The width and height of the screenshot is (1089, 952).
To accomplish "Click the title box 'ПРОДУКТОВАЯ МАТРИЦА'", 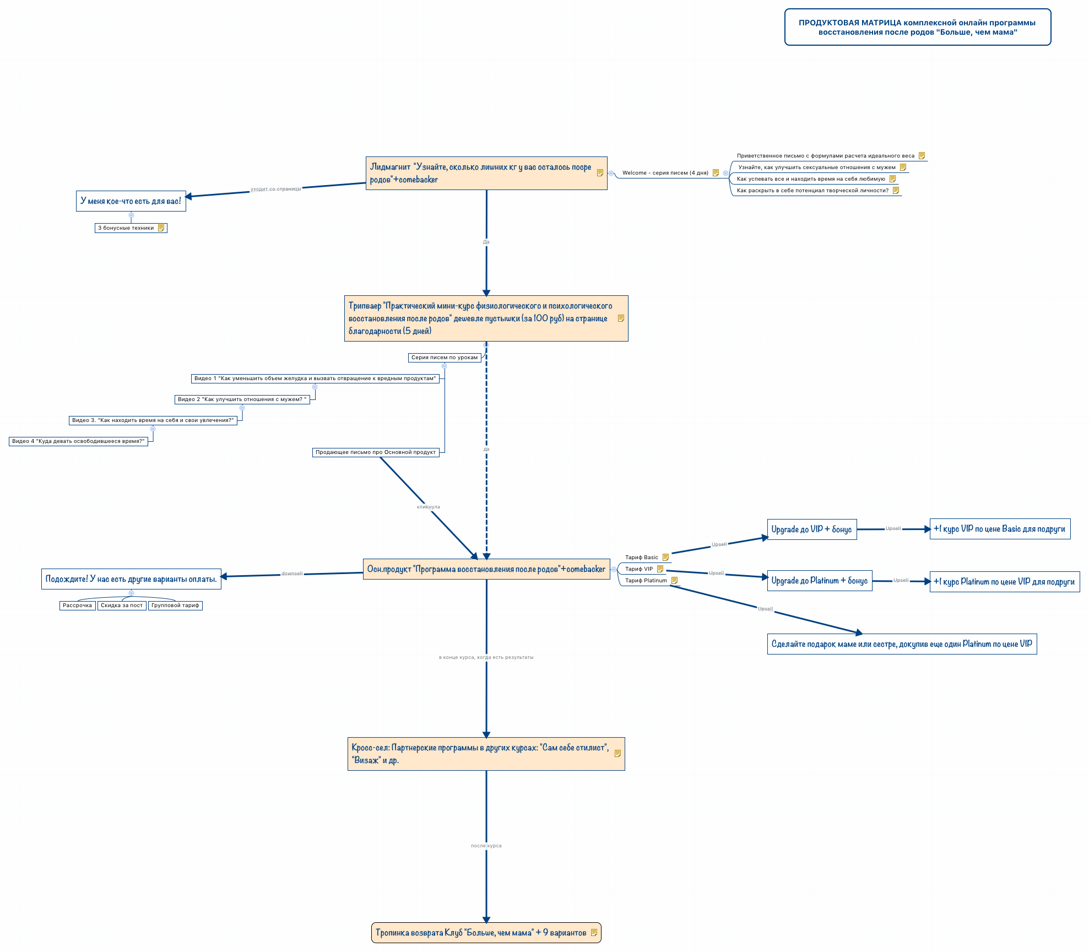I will click(917, 27).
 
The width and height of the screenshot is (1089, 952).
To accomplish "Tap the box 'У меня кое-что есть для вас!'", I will click(131, 201).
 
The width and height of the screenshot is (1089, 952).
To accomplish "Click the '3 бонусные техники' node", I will click(126, 228).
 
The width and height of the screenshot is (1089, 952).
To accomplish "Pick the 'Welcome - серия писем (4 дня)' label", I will click(665, 173).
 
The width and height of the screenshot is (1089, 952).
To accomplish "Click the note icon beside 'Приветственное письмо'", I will click(922, 156).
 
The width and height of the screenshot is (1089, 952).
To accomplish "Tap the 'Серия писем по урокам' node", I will click(445, 358).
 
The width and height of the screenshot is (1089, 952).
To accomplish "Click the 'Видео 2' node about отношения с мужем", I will click(242, 399).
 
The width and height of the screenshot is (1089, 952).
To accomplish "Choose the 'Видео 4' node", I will click(78, 441).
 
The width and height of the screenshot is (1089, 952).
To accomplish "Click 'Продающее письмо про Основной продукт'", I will click(376, 452).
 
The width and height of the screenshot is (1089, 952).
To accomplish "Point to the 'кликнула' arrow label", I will click(429, 507).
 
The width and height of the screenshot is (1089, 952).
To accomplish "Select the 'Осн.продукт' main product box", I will click(486, 569).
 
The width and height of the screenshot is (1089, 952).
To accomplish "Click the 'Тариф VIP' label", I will click(639, 569).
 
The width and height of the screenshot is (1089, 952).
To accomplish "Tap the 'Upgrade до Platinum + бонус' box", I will click(819, 581).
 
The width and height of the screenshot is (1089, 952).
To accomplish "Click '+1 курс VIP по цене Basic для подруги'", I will click(999, 529).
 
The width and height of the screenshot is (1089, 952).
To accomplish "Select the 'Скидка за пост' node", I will click(122, 605).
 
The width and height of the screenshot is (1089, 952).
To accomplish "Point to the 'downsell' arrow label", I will click(292, 574).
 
